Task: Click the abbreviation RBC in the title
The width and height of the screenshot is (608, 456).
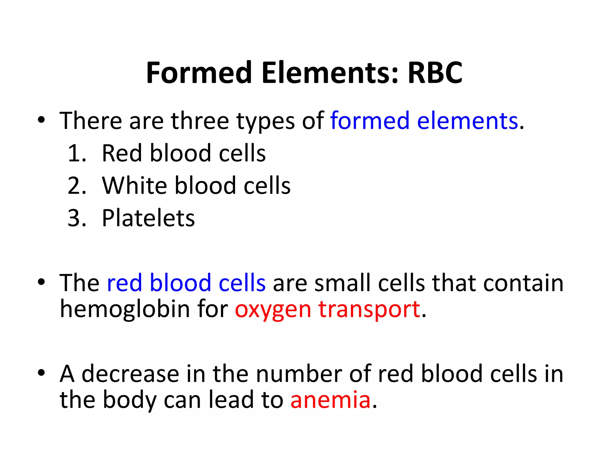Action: (435, 73)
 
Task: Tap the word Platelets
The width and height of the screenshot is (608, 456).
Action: (148, 218)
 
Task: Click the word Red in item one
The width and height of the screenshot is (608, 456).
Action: (122, 153)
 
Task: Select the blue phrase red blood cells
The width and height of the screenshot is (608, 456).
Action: (186, 283)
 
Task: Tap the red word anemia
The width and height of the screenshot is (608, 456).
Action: (330, 400)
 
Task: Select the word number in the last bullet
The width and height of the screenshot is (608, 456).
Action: (299, 374)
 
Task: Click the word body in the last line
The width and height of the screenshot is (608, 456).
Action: (129, 400)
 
